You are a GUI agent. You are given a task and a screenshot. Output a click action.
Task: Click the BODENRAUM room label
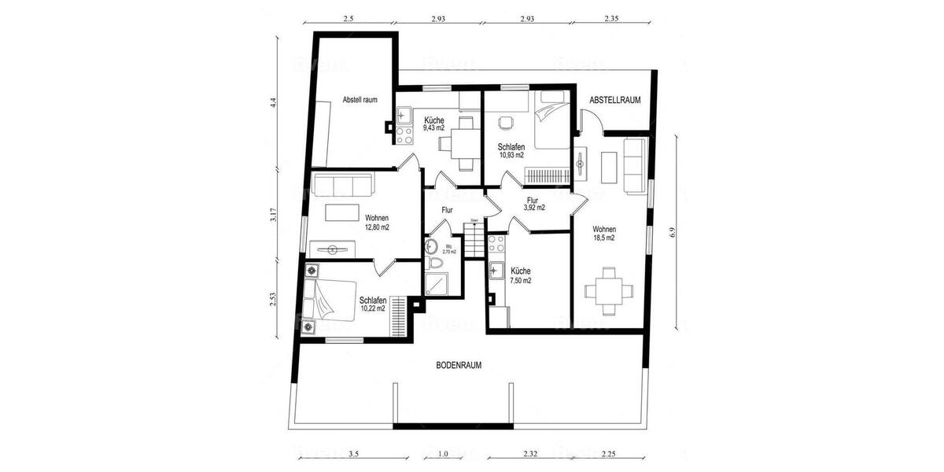459,365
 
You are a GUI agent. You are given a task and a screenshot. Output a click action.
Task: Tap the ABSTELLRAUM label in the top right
615,100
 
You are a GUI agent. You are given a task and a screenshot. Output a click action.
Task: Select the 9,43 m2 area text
433,127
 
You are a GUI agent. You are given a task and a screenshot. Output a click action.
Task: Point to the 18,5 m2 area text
603,237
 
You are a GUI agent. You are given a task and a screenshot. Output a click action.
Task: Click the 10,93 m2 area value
511,155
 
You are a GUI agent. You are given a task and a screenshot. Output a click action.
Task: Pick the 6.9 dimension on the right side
675,233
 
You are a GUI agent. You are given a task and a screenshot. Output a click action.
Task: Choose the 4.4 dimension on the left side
273,102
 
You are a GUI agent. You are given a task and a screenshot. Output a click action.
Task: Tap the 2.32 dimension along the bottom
529,454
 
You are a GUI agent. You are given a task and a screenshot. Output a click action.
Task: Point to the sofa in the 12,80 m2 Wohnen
342,185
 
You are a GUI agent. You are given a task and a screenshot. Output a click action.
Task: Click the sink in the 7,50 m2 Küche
496,272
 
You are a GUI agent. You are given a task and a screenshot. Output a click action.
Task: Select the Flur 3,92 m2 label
535,204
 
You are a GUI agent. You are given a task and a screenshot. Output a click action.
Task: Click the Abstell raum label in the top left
360,100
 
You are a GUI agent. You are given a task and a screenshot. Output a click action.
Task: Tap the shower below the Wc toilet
435,283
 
